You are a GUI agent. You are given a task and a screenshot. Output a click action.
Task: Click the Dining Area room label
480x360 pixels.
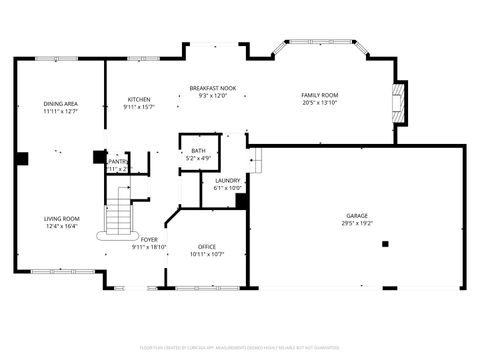coord(61,104)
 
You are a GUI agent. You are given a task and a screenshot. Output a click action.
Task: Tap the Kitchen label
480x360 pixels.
coord(138,99)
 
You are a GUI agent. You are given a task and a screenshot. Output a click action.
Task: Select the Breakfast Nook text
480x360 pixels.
coord(212,88)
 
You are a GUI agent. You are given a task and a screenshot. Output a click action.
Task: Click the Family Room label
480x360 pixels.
coord(320,95)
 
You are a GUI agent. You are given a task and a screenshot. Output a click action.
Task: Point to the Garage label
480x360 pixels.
coord(357,216)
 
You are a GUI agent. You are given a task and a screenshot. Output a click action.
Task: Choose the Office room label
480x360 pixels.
coord(207,246)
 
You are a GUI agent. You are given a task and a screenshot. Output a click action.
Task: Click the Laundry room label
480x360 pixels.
coord(228,180)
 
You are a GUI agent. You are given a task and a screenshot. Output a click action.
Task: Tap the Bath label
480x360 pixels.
coord(197,150)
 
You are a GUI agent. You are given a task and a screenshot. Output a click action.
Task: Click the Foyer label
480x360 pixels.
coord(149,240)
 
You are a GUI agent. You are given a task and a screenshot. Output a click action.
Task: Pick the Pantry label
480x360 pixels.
coord(119,161)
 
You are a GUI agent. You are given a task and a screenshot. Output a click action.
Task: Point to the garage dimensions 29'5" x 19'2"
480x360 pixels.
coord(357,224)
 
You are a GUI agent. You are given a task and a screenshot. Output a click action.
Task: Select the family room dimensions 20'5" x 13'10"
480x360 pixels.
coord(320,103)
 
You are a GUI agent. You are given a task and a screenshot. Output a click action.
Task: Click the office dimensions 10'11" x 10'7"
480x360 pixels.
coord(207,254)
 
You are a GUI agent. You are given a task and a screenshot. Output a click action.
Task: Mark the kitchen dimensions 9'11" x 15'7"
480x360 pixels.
coord(138,107)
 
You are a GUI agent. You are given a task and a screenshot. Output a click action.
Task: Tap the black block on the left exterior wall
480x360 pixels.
coord(21,157)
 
